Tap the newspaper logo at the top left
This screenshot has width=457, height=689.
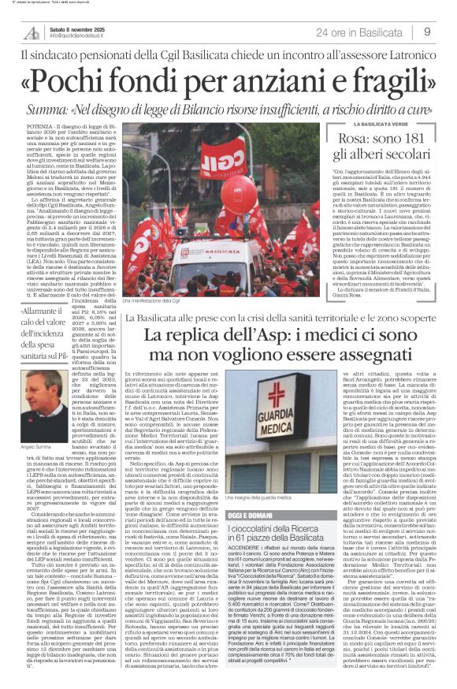[x=32, y=32]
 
